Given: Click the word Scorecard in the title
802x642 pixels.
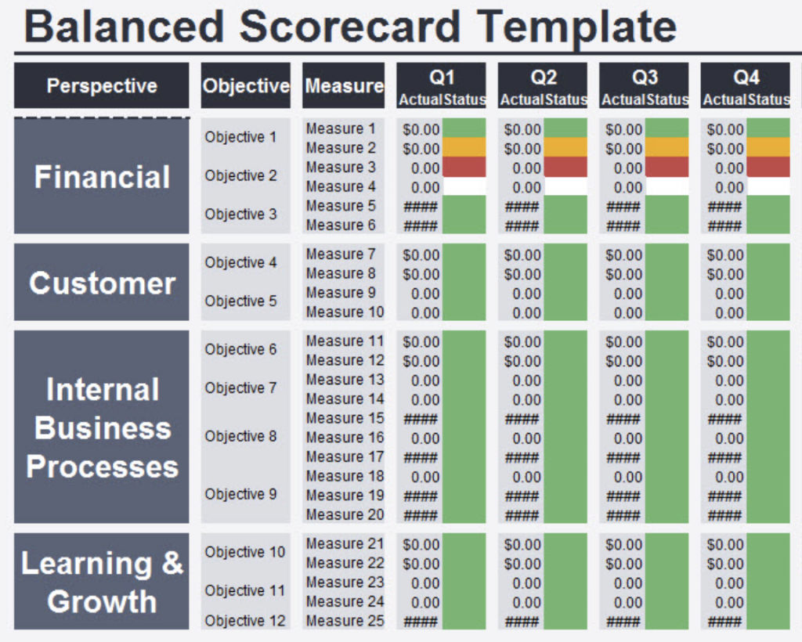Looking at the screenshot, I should pos(349,26).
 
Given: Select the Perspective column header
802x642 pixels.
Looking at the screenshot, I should pos(102,86).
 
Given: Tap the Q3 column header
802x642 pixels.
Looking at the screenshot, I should pos(645,78).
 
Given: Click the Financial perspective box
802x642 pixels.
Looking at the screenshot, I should pos(102,177).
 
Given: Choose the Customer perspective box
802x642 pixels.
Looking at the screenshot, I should pos(102,283).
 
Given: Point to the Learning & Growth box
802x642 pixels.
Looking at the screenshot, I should pos(102,582).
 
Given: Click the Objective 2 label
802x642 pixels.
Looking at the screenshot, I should pos(241,175).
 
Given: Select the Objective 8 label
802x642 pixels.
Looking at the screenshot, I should pos(241,436).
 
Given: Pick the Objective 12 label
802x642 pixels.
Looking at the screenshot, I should pos(244,621).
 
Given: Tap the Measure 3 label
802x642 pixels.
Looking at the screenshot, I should pos(341,168).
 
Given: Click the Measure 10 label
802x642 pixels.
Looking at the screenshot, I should pos(345,312).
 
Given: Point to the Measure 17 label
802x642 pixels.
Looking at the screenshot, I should pos(345,456).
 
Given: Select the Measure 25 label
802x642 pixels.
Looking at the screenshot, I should pos(345,621).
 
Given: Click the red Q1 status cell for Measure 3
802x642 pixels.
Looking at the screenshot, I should pos(464,168).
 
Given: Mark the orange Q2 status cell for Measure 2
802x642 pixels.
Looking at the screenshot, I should pos(565,148).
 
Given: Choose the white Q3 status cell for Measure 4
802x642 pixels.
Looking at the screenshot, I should pos(667,187).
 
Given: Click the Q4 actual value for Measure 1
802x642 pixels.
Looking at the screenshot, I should pos(724,129).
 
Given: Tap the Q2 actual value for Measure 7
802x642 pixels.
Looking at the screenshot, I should pos(522,255).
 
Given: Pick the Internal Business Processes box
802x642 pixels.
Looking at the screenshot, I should pos(102,427).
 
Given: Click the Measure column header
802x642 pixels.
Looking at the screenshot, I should pos(344,86).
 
